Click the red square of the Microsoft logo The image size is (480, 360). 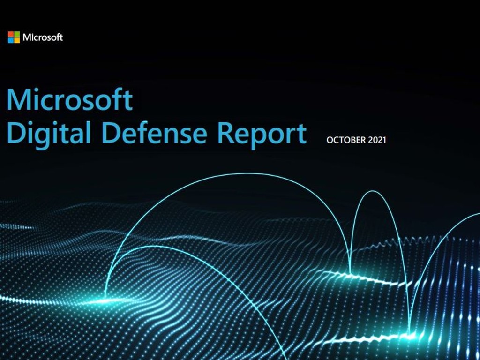11,34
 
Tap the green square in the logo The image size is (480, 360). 17,34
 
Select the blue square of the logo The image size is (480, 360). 11,40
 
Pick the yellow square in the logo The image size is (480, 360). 17,40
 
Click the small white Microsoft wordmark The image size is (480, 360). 43,37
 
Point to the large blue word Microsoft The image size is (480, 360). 70,99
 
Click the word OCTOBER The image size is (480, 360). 346,140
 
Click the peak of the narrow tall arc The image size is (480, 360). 373,191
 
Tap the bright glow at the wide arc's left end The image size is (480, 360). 105,300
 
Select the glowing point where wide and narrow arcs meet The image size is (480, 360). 351,272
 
